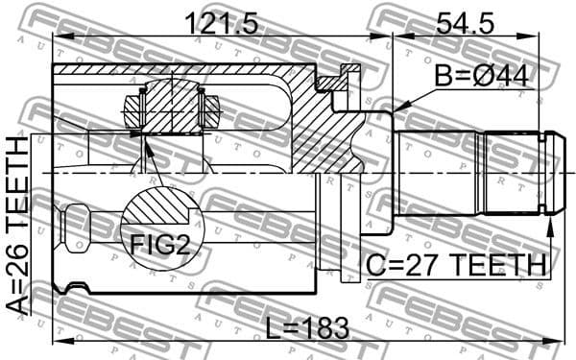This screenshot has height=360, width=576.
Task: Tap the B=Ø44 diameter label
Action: pos(482,75)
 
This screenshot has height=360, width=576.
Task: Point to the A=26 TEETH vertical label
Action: pos(19,225)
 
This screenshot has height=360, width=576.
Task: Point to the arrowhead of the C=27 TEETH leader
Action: pos(550,224)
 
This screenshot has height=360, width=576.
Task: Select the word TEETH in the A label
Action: pos(19,182)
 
